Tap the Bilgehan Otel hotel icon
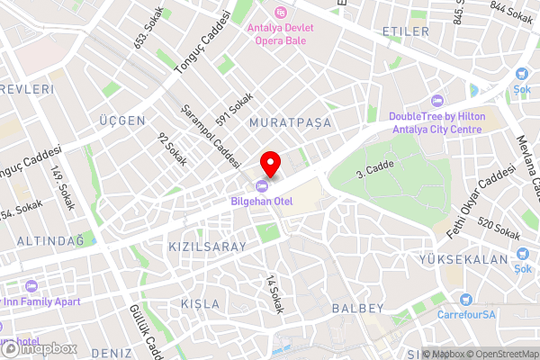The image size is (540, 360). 262,186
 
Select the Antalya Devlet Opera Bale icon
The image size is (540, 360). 281,13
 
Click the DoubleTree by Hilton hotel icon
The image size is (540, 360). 437,101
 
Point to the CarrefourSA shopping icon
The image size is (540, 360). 464,300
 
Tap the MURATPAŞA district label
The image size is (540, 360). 291,121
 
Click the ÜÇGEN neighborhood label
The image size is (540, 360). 122,120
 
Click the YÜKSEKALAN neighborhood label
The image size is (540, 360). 463,259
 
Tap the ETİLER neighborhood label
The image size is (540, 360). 405,31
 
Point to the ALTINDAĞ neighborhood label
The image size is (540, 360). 49,240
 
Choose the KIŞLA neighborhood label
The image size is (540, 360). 199,303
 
